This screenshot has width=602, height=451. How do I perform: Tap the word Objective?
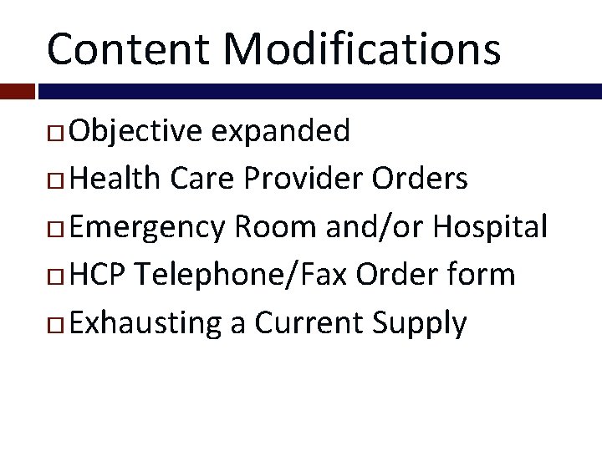(136, 130)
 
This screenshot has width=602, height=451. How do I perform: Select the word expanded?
(280, 130)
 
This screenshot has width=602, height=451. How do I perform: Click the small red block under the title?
(17, 91)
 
